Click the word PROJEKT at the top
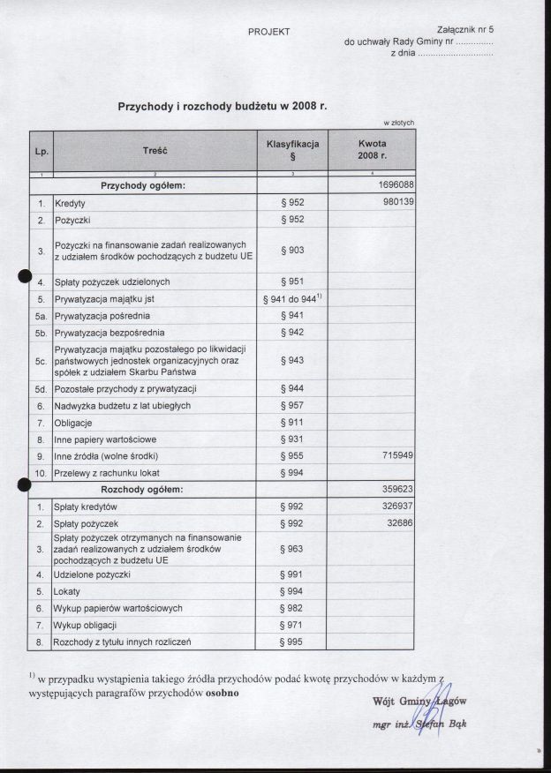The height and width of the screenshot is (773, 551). point(269,33)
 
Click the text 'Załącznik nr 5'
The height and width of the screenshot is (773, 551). point(464,29)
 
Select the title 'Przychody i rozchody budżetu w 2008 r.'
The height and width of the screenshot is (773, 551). point(223,106)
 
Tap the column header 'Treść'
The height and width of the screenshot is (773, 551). point(155,151)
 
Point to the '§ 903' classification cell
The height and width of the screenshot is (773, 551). point(291,251)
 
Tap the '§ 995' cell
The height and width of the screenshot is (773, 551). point(291,642)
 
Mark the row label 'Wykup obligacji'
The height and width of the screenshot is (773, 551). point(86,626)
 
